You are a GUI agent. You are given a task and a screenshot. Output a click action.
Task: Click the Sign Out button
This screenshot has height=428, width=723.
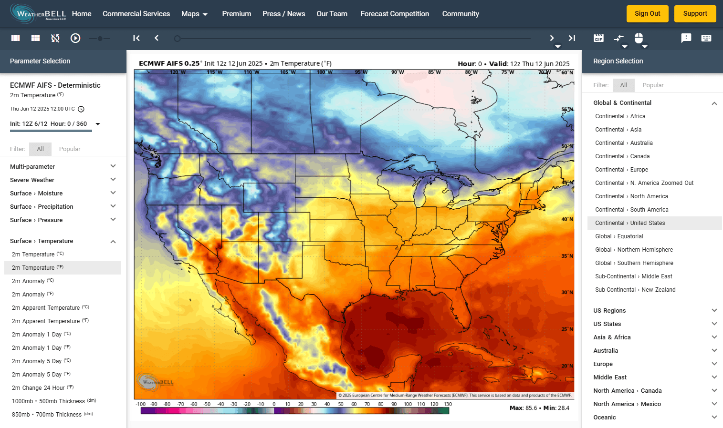pos(647,14)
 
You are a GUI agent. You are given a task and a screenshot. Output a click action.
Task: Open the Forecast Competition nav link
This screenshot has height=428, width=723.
pos(395,14)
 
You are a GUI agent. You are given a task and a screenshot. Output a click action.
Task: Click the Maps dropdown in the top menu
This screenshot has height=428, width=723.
pos(194,14)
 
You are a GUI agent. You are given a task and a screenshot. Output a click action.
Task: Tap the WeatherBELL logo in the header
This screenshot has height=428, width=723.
pos(38,13)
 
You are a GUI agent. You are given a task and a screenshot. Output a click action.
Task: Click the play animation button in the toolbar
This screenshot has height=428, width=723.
pos(75,38)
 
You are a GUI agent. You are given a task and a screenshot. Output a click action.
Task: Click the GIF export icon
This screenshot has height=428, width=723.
pos(598,38)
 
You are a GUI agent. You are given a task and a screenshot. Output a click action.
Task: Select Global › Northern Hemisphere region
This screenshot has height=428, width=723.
pos(634,250)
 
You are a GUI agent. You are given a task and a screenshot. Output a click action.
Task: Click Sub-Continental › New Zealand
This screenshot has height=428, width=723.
pos(635,290)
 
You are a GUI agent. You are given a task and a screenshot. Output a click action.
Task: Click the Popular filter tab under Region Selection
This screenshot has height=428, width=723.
pos(652,85)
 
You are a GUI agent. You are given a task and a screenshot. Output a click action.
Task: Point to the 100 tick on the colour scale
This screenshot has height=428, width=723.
pos(408,404)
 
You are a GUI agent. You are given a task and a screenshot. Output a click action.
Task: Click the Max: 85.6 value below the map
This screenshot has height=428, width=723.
pos(523,408)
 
